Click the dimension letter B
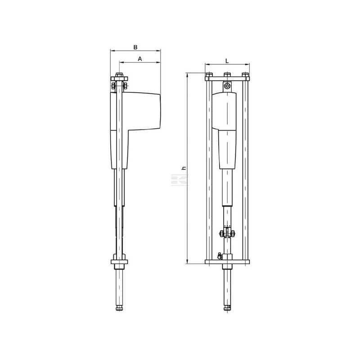(x=135, y=47)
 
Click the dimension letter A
(x=140, y=59)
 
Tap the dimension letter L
(x=227, y=61)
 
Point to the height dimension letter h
(x=184, y=168)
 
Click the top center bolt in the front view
(x=227, y=75)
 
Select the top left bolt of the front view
(x=209, y=75)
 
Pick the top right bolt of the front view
(x=245, y=75)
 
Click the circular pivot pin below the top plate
(x=227, y=86)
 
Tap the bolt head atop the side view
(x=119, y=75)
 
